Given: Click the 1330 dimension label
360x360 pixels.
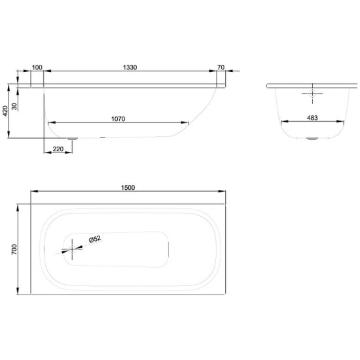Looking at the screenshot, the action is click(130, 67).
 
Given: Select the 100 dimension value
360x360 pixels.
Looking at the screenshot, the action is click(37, 67).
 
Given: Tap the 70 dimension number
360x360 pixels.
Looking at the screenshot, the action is click(221, 67).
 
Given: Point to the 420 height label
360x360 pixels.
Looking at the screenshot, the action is click(5, 111).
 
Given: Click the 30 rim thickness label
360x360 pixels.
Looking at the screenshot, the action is click(14, 106).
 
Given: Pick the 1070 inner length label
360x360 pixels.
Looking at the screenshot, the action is click(118, 119).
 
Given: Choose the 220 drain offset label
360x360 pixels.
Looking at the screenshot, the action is click(58, 149).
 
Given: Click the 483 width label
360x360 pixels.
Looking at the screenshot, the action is click(312, 118).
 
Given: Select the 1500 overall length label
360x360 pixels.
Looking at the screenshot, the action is click(128, 188).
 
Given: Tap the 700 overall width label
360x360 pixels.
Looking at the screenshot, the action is click(14, 249).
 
